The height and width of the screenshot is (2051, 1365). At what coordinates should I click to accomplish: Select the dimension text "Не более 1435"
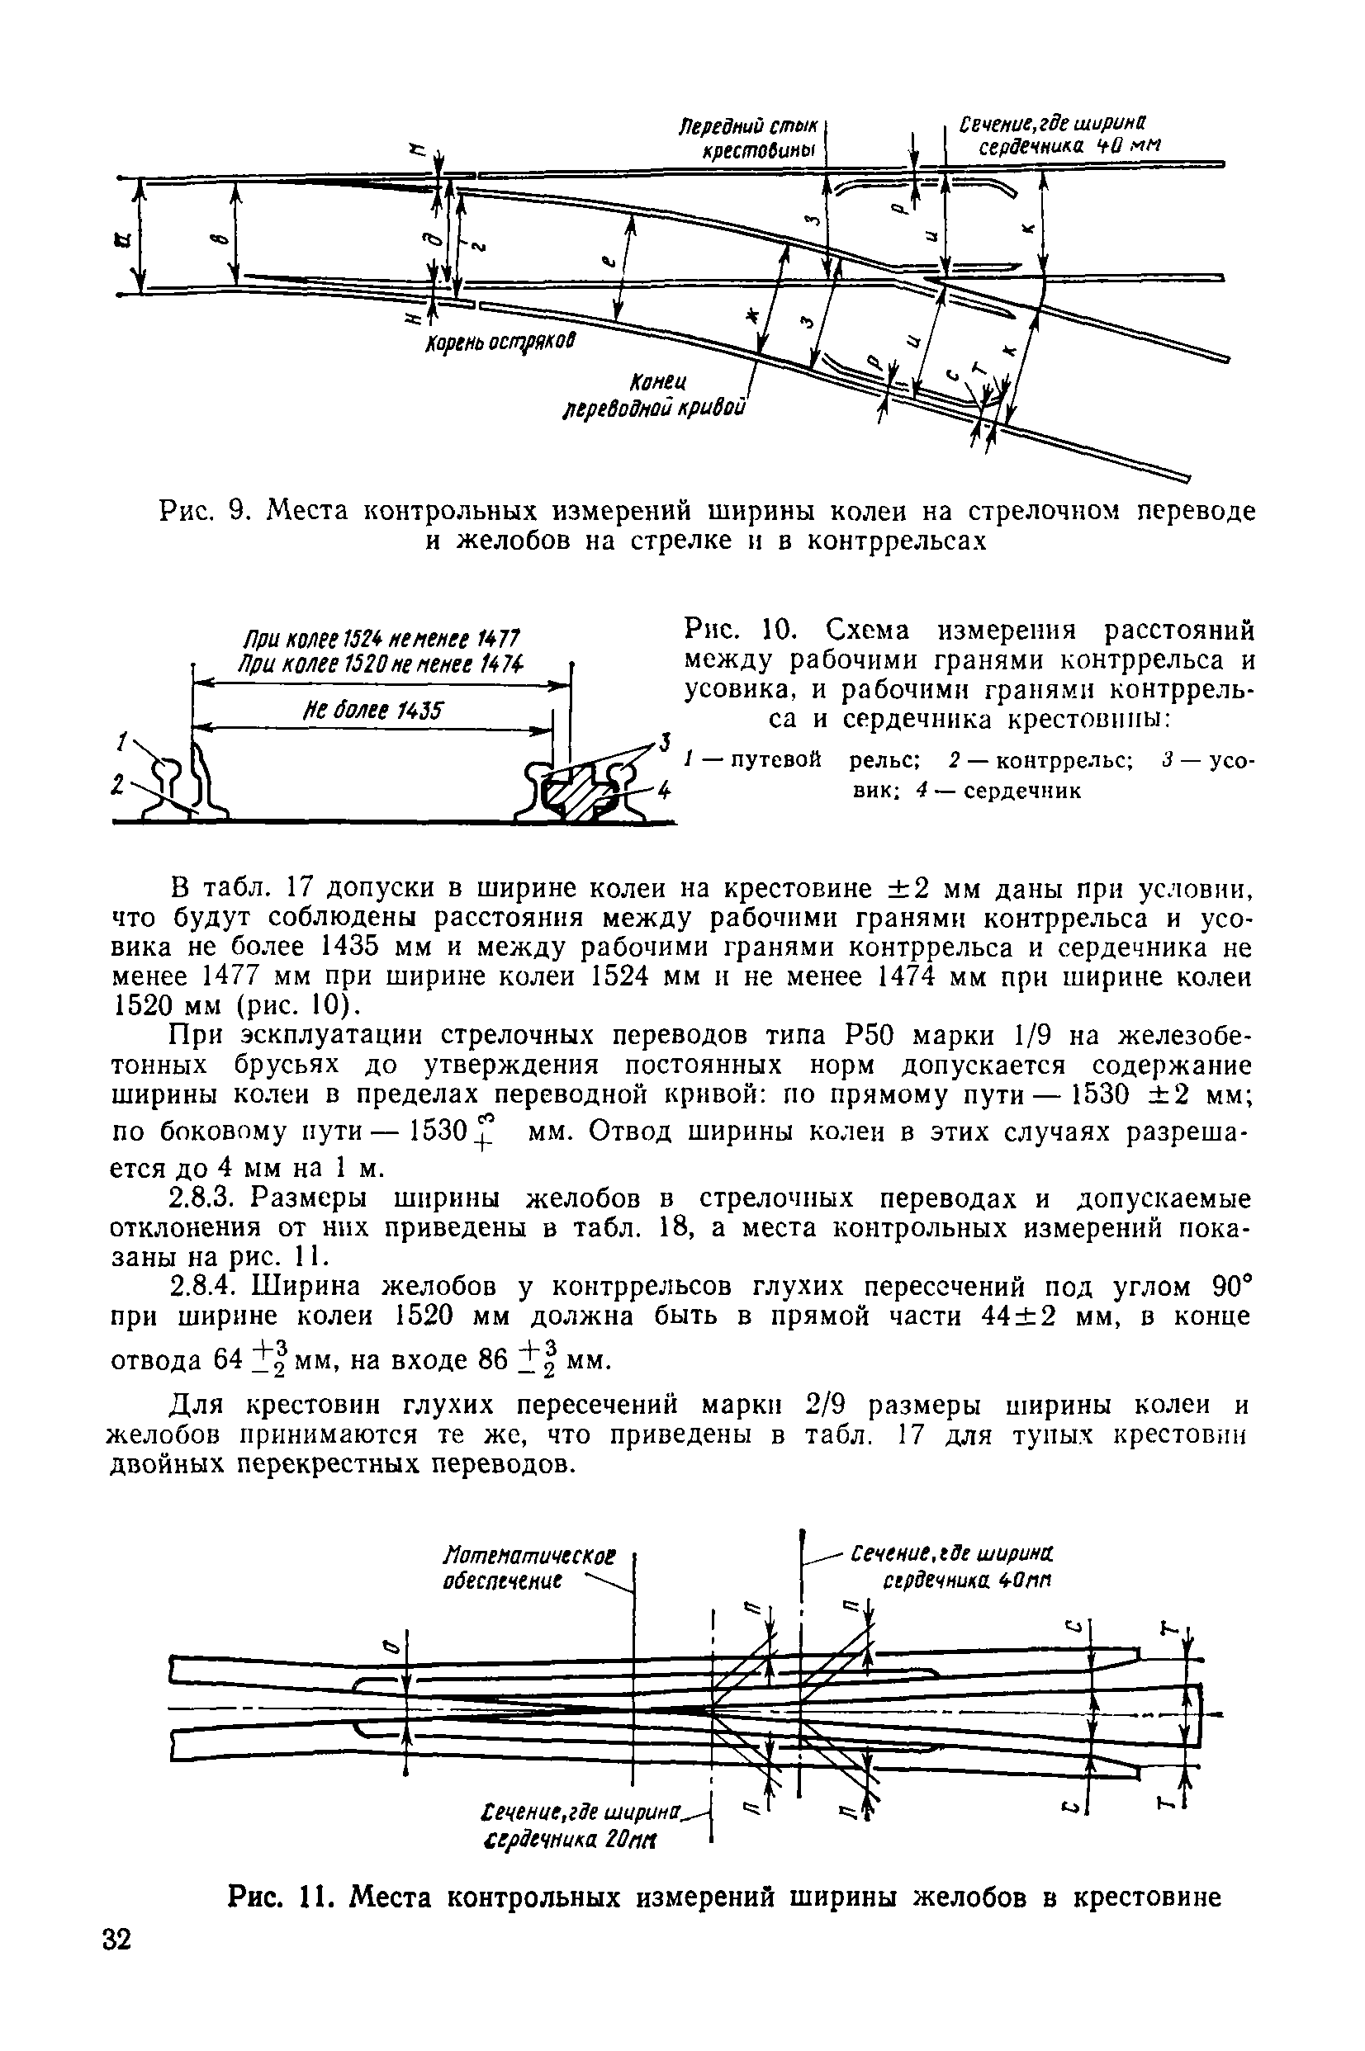pyautogui.click(x=372, y=711)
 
